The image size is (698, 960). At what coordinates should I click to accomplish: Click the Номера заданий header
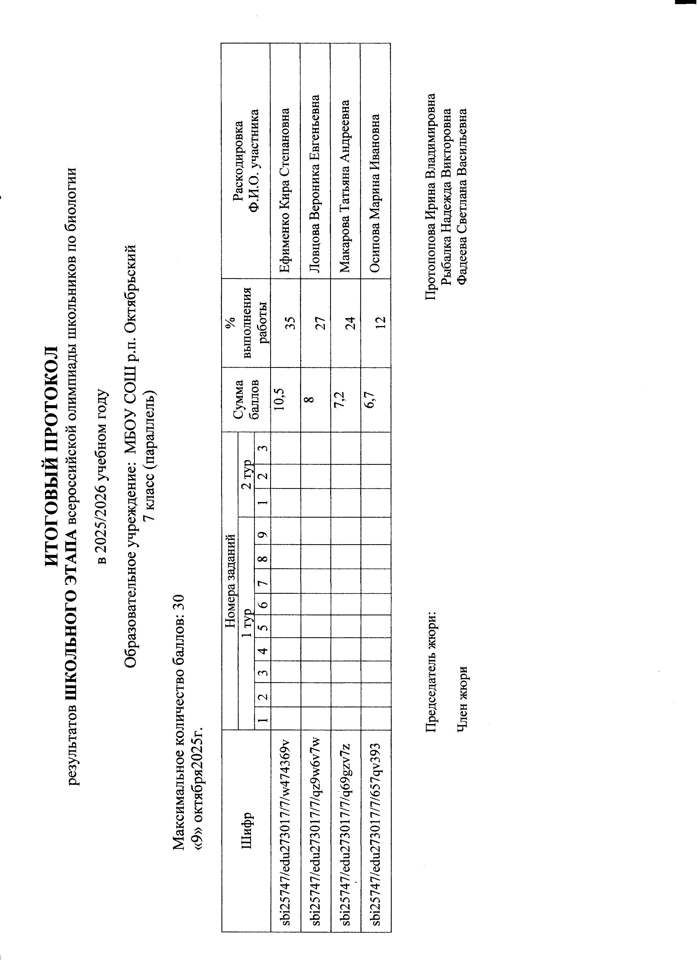[230, 581]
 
